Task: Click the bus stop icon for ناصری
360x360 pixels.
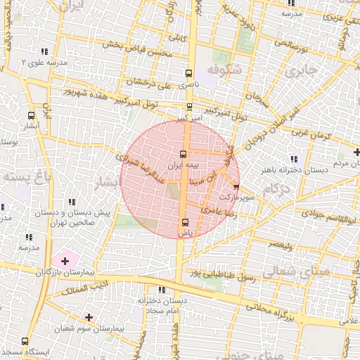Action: pos(188,73)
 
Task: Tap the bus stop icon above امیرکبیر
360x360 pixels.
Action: pos(189,108)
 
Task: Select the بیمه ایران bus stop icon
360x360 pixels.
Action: pos(184,154)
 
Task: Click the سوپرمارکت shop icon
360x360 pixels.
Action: pos(236,187)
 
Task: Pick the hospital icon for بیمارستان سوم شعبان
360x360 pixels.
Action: pos(88,317)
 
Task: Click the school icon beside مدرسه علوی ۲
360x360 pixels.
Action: pos(44,52)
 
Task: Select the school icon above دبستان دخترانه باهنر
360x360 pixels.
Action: pos(293,159)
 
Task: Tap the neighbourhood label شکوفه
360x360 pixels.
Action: pos(226,69)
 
